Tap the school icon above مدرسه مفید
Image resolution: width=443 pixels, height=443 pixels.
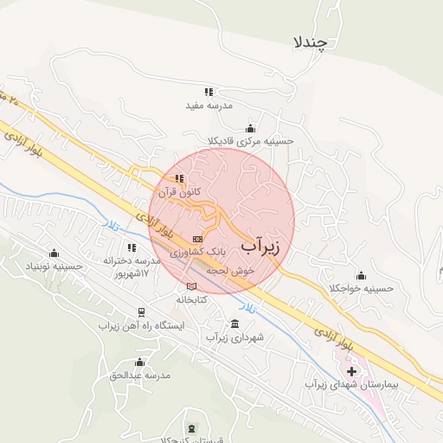pyautogui.click(x=209, y=91)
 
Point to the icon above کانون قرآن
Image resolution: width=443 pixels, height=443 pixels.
pyautogui.click(x=179, y=179)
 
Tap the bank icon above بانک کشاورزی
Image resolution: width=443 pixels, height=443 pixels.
pyautogui.click(x=197, y=238)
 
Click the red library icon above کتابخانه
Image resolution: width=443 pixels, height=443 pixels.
pyautogui.click(x=190, y=286)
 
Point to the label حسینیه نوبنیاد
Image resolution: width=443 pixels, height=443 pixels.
pyautogui.click(x=55, y=266)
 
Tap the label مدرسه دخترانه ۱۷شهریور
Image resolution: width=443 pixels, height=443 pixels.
pyautogui.click(x=132, y=266)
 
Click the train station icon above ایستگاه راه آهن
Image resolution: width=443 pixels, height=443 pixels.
pyautogui.click(x=140, y=311)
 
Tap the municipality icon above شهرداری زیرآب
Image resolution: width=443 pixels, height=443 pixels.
pyautogui.click(x=234, y=323)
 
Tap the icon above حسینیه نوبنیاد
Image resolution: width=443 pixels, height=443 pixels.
pyautogui.click(x=55, y=253)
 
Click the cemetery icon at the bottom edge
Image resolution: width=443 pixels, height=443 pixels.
pyautogui.click(x=191, y=429)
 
